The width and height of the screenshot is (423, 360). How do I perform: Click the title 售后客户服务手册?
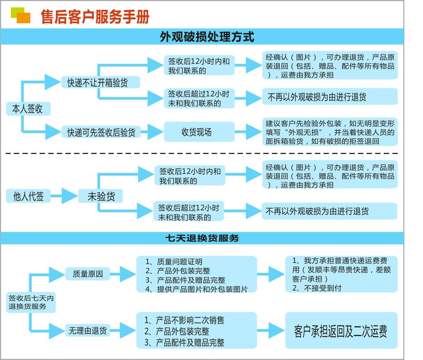95,16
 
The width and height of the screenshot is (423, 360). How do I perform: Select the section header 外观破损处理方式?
207,37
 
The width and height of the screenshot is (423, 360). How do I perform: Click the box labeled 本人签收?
24,108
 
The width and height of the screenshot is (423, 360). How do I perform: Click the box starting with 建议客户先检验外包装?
330,132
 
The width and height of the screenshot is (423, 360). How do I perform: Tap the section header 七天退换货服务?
206,238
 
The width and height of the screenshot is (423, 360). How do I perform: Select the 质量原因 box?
87,274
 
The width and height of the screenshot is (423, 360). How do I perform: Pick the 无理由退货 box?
87,329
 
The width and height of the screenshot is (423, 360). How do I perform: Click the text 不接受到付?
319,288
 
